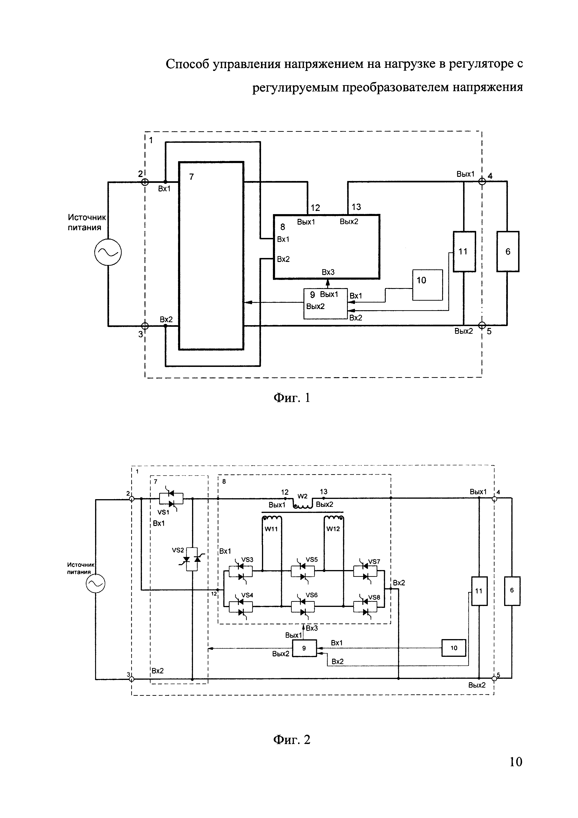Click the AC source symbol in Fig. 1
[x=108, y=252]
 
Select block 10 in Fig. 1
[x=427, y=285]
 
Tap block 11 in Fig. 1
[x=464, y=251]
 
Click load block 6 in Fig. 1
[x=508, y=251]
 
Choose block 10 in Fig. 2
[x=454, y=648]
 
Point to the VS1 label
[x=163, y=512]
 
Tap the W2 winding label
[x=302, y=496]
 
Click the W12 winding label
[x=333, y=529]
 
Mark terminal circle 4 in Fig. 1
[x=482, y=181]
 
